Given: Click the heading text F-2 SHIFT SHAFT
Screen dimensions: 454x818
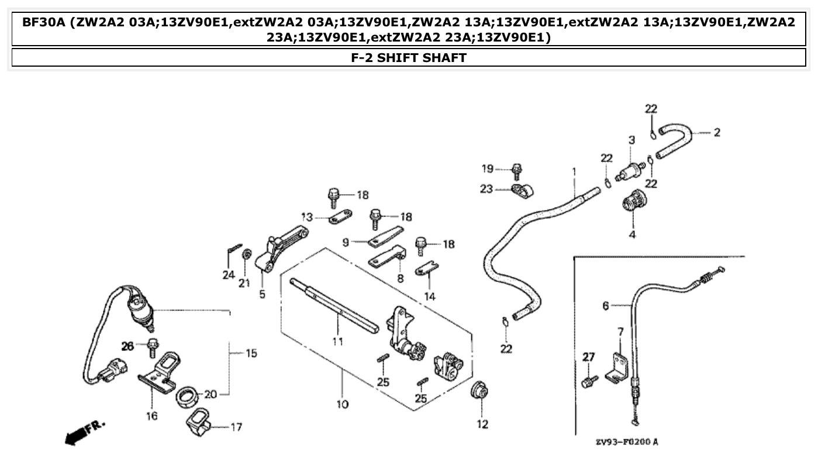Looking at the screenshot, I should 409,57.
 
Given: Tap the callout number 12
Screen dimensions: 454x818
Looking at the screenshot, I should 482,424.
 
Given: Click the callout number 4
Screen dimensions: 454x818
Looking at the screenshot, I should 632,235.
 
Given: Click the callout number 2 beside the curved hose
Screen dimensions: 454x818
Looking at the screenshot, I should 716,132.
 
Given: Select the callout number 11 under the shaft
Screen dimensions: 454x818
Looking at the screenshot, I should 337,340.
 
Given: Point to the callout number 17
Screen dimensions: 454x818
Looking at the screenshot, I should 236,427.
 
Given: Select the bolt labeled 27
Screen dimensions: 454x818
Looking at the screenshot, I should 589,381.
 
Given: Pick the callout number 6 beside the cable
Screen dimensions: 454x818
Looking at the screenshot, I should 605,305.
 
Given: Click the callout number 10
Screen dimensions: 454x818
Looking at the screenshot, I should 343,404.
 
